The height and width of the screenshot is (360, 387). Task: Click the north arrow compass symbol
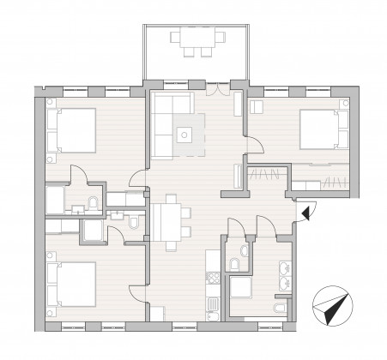[331, 306]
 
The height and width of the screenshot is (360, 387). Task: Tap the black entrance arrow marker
[307, 209]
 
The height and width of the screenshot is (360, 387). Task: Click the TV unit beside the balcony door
[239, 104]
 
